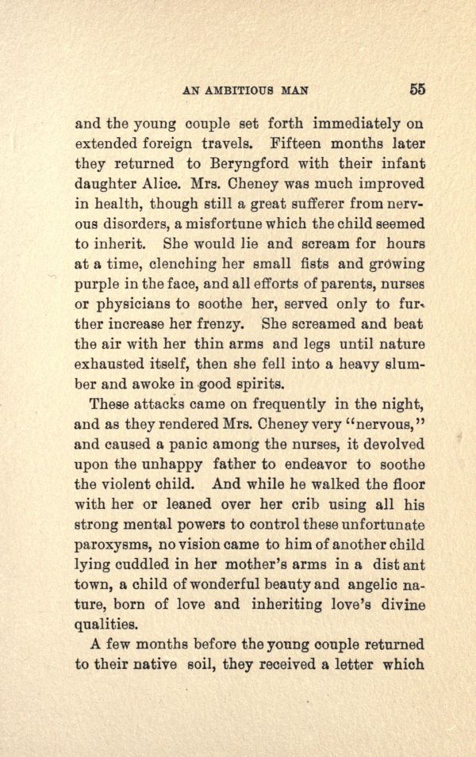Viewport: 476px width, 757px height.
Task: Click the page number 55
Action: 418,89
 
